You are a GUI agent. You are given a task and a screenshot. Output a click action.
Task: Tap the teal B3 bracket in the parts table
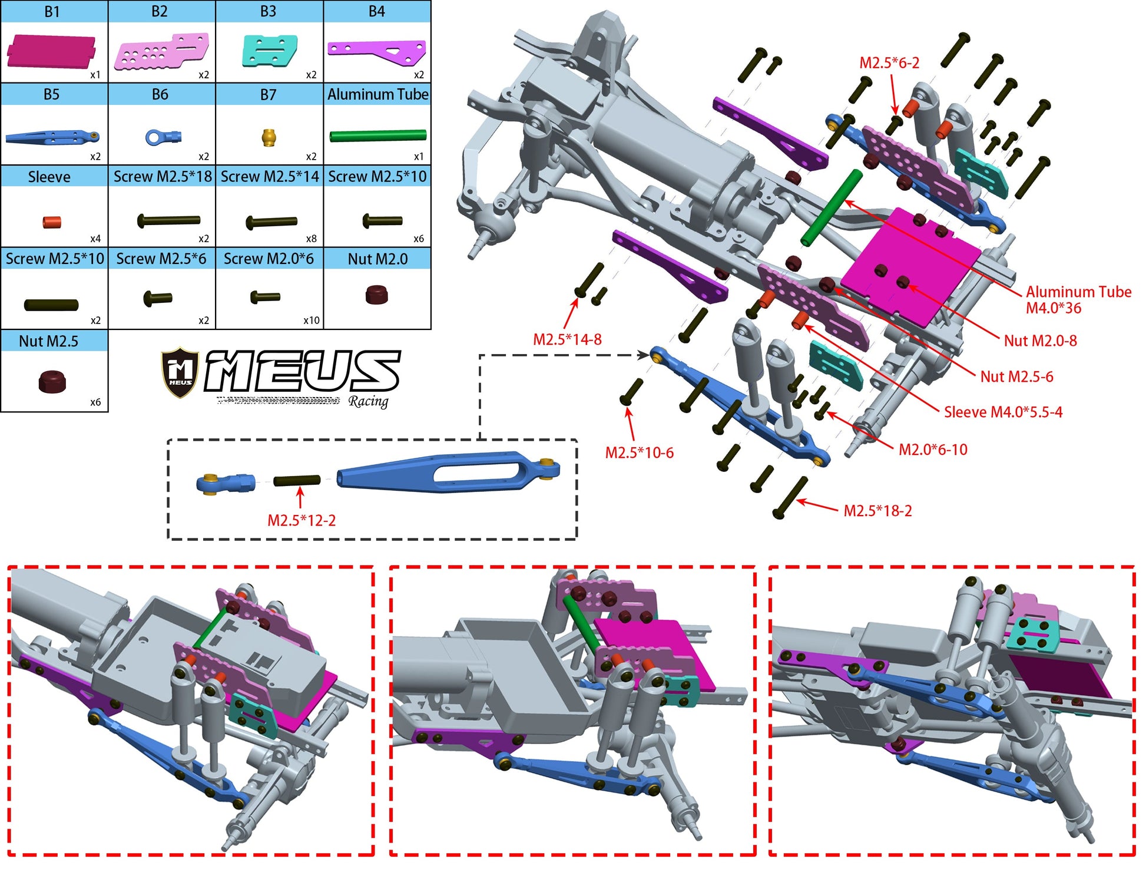coord(269,50)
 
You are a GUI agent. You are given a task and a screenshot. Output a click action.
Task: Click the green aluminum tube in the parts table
coord(377,136)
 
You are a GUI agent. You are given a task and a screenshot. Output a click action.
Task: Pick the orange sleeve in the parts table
coord(52,223)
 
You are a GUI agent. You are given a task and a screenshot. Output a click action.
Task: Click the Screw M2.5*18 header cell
coord(162,176)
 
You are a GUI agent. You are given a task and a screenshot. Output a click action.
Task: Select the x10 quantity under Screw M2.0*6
coord(311,320)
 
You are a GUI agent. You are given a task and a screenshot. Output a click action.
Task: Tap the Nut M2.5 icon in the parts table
coord(52,381)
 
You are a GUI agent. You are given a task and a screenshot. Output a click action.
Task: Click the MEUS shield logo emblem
coord(180,372)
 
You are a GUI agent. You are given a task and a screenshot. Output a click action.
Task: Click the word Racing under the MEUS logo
coord(368,402)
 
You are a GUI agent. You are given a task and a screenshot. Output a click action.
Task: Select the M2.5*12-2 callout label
coord(302,521)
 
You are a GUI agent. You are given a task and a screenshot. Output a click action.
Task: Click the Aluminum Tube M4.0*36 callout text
coord(1078,300)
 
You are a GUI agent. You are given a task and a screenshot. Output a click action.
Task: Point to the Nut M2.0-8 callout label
coord(1040,341)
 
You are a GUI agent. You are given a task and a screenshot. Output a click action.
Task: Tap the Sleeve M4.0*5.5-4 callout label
coord(1003,412)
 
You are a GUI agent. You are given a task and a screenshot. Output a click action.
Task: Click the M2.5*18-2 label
coord(877,511)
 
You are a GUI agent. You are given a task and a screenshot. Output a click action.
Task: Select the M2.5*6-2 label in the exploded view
coord(889,62)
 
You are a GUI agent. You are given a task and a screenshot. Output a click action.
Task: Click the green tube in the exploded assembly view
coord(832,207)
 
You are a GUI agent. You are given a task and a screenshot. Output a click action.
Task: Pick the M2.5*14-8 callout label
coord(567,339)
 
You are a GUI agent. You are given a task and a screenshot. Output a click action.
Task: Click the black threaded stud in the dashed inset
coord(297,480)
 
